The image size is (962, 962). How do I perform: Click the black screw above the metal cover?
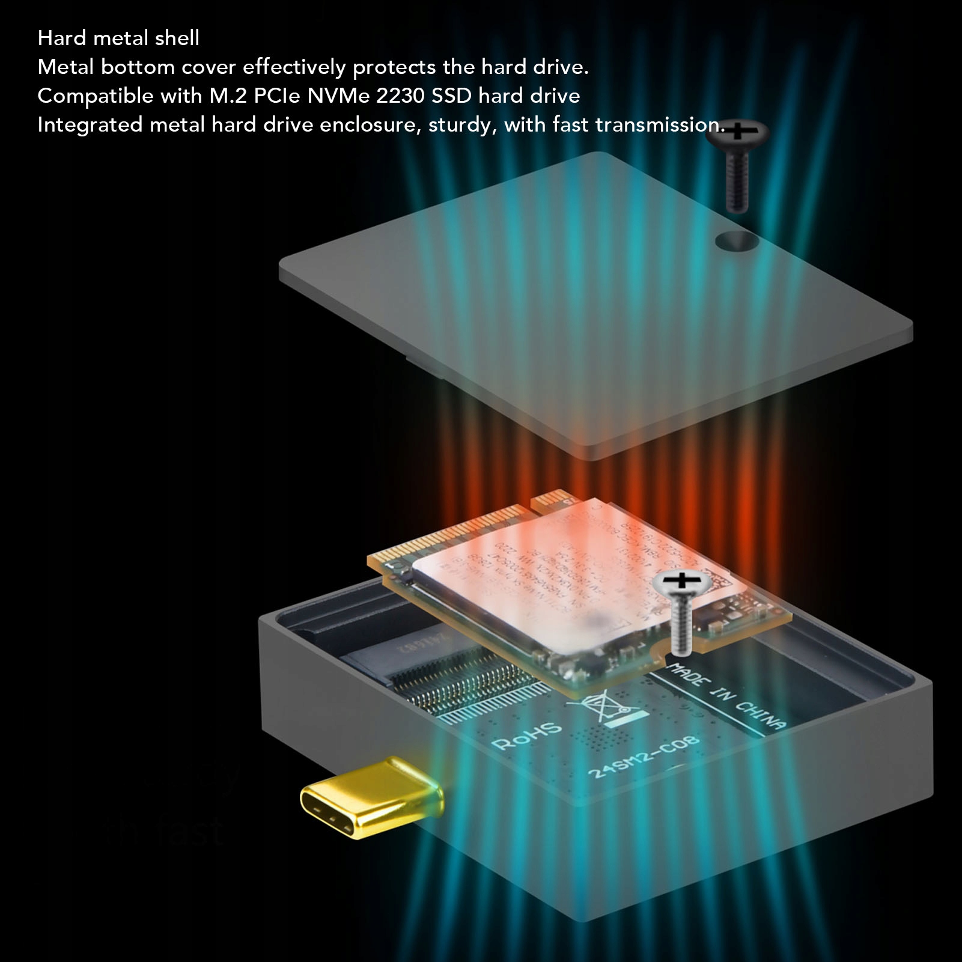pos(737,162)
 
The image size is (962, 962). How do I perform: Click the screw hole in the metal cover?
pos(737,241)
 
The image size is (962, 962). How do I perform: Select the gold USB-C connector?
pos(370,797)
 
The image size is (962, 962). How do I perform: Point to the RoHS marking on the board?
pos(526,736)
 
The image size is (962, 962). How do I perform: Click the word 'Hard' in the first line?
pos(62,38)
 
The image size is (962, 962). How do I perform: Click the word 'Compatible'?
pos(96,96)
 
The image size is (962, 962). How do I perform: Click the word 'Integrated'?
pos(90,125)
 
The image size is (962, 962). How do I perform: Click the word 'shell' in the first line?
pos(177,38)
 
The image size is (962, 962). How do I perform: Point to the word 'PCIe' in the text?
pos(277,96)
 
